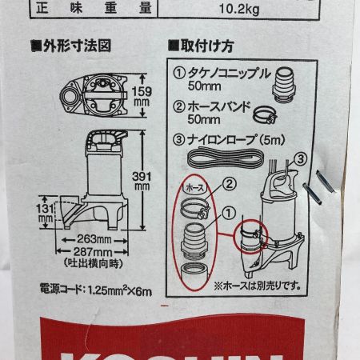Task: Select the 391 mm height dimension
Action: tap(142, 180)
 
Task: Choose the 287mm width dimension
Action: tap(89, 251)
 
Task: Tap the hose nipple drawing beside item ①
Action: tap(285, 82)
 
